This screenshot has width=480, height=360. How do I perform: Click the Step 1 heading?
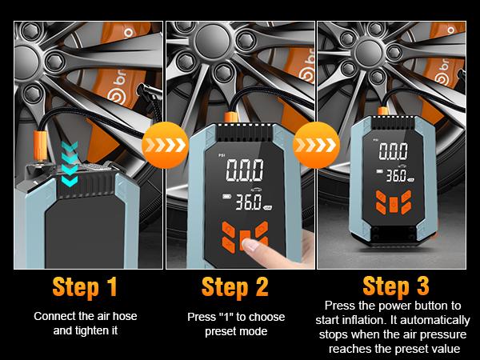85,287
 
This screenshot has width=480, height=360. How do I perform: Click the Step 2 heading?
235,287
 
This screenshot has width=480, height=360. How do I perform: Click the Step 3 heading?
396,286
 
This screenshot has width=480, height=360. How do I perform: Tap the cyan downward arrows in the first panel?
70,164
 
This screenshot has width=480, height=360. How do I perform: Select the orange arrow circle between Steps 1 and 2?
165,145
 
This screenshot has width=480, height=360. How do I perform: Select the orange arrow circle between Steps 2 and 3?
316,145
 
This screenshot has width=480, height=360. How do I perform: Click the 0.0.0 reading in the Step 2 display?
245,170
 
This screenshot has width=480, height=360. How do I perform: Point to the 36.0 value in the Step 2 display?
248,202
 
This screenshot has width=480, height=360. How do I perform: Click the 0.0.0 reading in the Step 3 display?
394,151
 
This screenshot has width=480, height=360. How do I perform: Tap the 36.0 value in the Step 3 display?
396,176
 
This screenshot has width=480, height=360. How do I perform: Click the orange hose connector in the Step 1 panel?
40,145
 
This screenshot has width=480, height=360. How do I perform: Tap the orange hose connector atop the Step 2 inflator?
230,118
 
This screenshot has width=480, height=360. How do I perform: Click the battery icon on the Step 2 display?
226,197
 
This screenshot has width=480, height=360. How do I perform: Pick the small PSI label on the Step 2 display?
222,155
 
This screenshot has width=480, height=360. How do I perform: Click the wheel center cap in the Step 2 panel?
212,41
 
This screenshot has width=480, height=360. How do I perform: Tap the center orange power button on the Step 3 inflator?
394,203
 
